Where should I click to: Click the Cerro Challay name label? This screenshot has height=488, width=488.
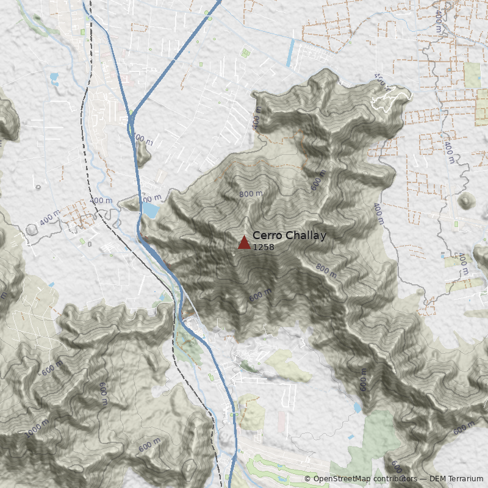coord(289,236)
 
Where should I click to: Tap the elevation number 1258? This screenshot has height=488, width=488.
coord(264,247)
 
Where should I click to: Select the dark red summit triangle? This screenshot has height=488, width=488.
coord(244,243)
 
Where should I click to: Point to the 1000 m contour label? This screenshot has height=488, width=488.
coord(37,429)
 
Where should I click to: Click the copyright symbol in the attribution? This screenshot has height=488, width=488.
coord(307,479)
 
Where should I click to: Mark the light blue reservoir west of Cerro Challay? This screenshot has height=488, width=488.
coord(149,210)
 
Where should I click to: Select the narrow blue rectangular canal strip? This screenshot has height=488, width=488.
coord(290,53)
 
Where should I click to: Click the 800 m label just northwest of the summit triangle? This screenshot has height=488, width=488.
coord(251,194)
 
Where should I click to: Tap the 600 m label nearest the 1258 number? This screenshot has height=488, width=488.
coord(260,295)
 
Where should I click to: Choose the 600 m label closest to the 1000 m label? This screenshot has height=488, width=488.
coord(53,368)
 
